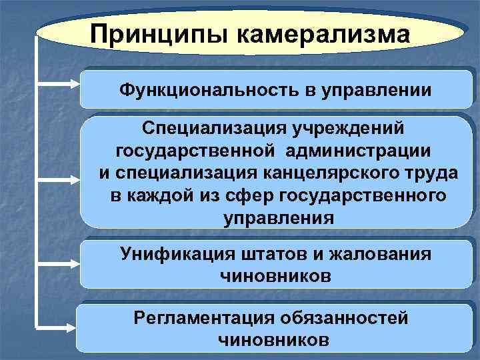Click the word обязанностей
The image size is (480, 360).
pos(350,318)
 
